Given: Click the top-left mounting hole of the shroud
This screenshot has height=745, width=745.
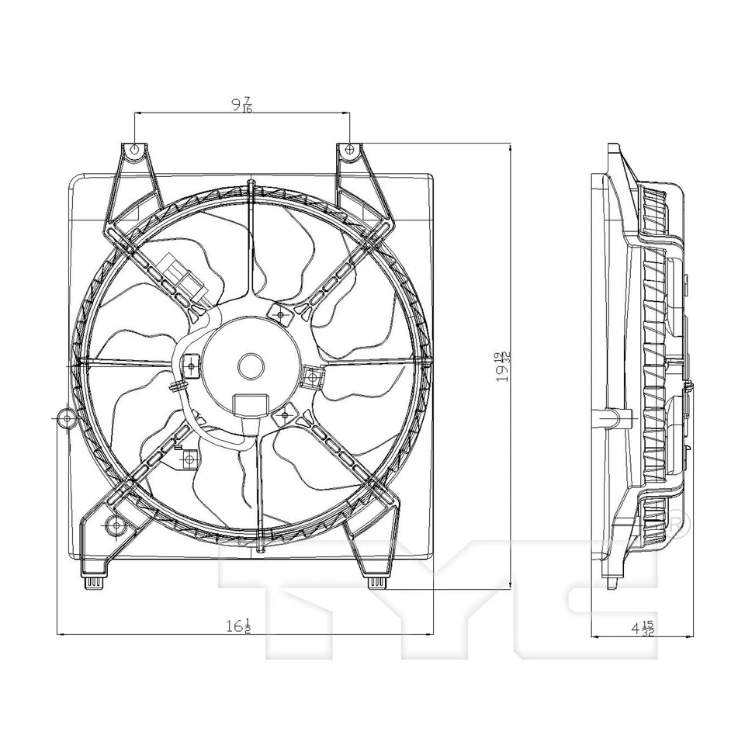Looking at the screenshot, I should pos(134,149).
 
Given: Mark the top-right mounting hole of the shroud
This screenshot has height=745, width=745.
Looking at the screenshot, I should pos(349,148).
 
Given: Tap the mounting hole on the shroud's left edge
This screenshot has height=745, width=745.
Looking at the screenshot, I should pos(64,418).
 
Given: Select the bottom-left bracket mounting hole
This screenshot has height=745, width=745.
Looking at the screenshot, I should pos(116,526).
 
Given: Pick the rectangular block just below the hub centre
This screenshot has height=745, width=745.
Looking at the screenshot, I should pos(250,405).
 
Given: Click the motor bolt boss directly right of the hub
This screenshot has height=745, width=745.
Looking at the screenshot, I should pos(313,377).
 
